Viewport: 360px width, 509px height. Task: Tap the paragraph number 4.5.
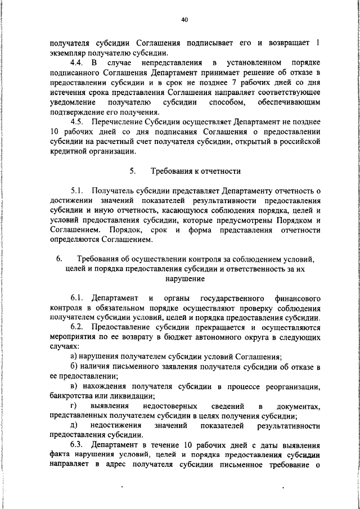(x=79, y=122)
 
